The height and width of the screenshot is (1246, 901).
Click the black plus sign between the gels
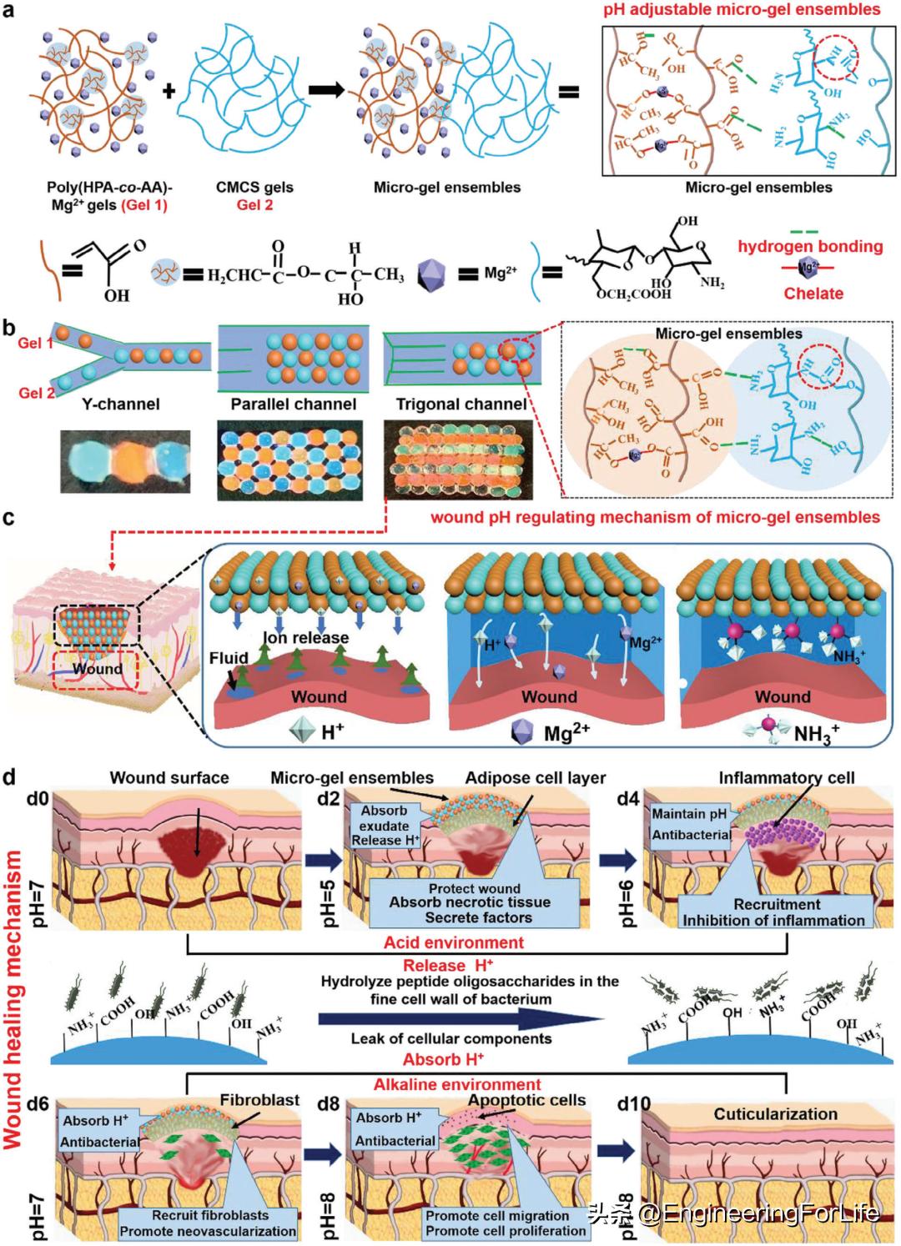(x=169, y=90)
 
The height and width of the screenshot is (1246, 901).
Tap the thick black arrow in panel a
(x=326, y=90)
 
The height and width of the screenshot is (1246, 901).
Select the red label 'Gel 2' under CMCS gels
(x=254, y=205)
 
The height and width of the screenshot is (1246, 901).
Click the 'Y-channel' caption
(x=121, y=404)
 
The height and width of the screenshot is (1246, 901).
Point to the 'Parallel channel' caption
(x=294, y=404)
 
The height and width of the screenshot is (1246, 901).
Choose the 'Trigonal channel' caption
(x=461, y=404)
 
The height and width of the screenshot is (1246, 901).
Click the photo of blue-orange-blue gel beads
(x=124, y=460)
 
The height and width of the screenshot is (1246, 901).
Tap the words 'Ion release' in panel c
(x=306, y=638)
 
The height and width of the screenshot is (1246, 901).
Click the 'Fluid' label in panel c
(x=229, y=658)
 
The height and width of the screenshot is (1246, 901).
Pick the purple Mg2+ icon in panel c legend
(x=524, y=732)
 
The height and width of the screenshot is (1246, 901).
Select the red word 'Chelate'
(x=813, y=293)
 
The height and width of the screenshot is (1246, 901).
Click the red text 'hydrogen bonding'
(x=810, y=246)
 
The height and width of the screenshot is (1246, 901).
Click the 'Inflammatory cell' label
(x=787, y=778)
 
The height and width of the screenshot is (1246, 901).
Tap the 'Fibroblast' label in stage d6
(x=259, y=1100)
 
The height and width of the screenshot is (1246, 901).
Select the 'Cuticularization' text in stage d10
(x=775, y=1113)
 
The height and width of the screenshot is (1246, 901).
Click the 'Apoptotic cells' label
(x=527, y=1100)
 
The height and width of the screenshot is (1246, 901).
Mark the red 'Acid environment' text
(x=454, y=942)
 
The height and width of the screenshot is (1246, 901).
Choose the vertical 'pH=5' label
(x=329, y=899)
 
